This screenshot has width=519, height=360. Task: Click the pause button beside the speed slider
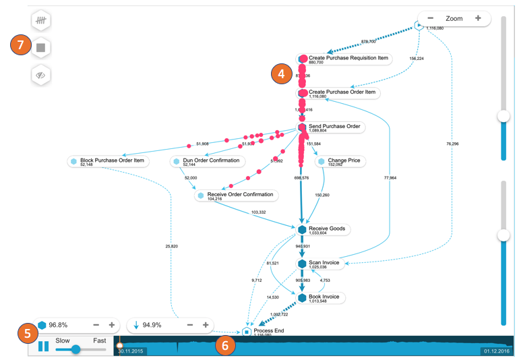(43, 347)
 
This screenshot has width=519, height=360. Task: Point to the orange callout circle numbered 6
(225, 347)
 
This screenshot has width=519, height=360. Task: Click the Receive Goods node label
(327, 229)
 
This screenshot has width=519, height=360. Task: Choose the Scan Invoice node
(324, 263)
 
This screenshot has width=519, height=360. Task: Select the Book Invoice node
(324, 297)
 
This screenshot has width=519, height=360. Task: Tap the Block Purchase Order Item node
(112, 161)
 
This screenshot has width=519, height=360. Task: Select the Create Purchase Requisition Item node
(348, 59)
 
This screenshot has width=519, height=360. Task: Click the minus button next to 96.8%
(96, 325)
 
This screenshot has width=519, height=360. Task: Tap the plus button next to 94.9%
(206, 325)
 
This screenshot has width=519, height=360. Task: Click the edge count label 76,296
(452, 144)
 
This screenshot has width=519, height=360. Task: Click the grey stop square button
(41, 48)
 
